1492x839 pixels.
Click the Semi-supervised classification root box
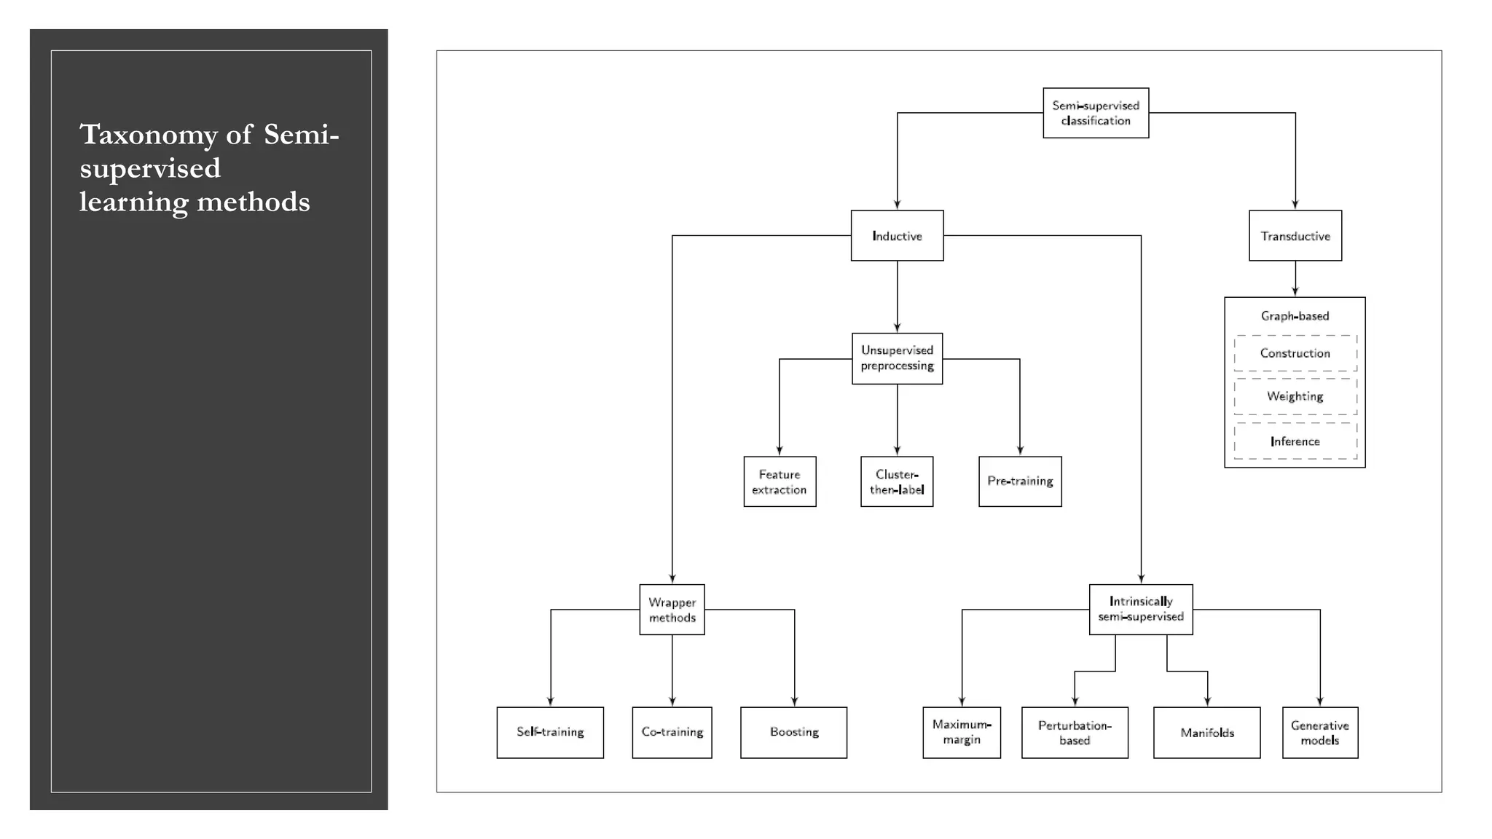tap(1096, 113)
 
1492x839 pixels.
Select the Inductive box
tap(897, 236)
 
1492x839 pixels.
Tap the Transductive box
tap(1295, 236)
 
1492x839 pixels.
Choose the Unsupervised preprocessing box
tap(897, 358)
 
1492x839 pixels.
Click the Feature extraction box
tap(780, 481)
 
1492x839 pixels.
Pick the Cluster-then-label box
tap(897, 481)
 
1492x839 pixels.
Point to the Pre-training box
tap(1020, 481)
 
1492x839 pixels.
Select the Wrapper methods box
tap(672, 610)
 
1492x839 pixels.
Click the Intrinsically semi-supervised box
tap(1141, 610)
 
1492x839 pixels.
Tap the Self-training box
tap(550, 732)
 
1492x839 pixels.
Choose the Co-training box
tap(672, 732)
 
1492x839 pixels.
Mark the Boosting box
tap(793, 732)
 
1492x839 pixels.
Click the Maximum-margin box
tap(962, 732)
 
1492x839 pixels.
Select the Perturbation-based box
tap(1075, 732)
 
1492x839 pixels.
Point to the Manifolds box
tap(1207, 732)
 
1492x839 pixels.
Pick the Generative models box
tap(1320, 732)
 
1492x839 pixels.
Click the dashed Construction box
tap(1295, 353)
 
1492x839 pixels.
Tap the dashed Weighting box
tap(1295, 396)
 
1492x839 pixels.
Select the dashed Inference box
tap(1295, 441)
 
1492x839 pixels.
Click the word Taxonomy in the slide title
tap(149, 135)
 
